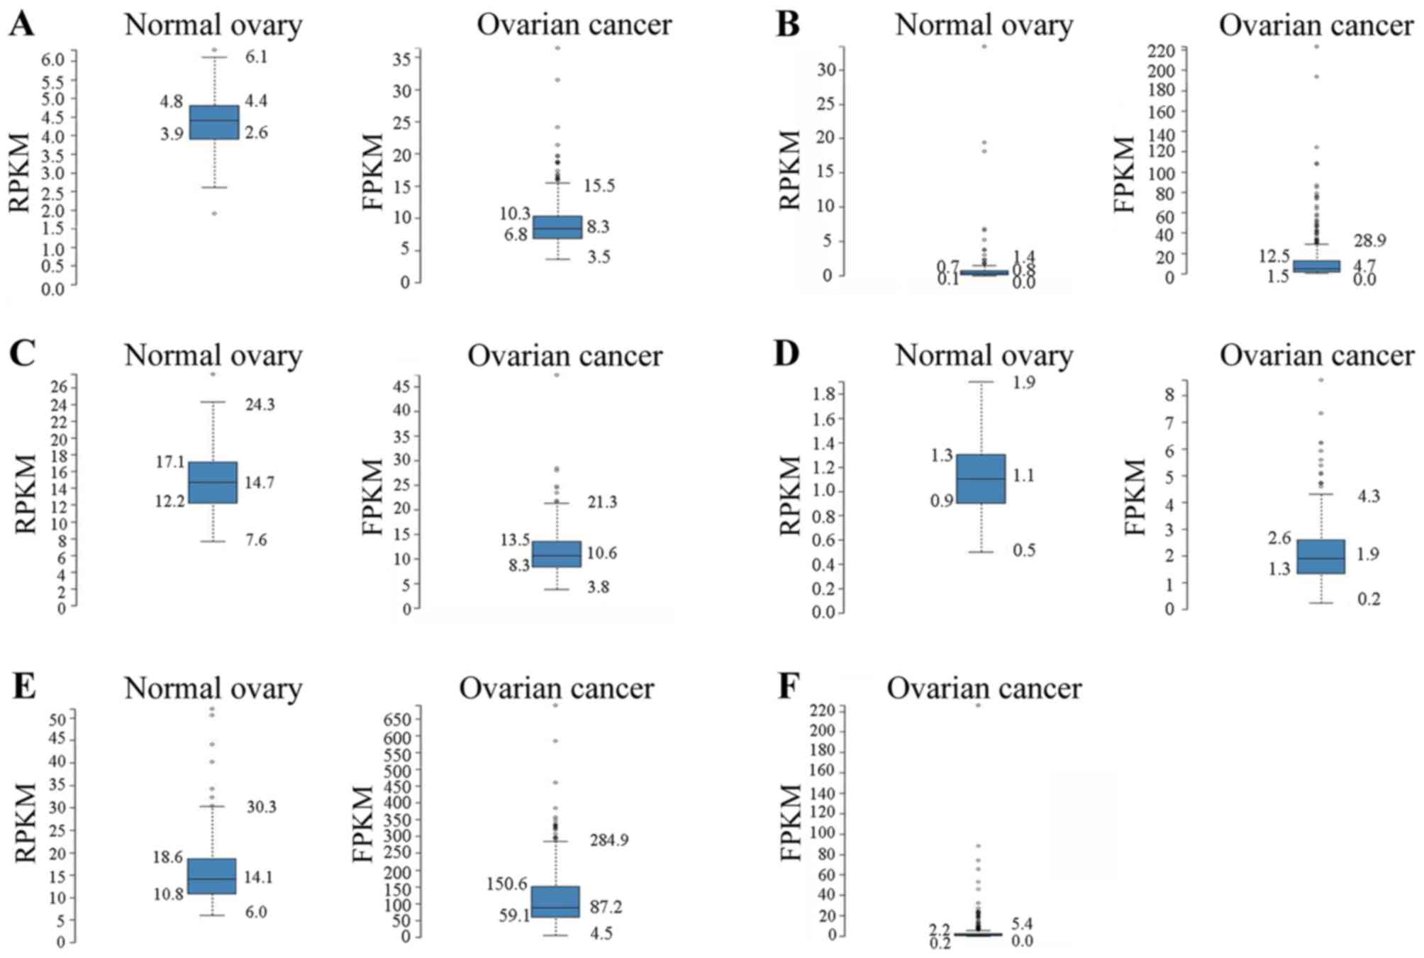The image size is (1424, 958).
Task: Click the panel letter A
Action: [21, 25]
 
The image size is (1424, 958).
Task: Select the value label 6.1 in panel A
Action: [257, 57]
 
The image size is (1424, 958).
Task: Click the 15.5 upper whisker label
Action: [599, 186]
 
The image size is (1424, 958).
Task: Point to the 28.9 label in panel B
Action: [1369, 240]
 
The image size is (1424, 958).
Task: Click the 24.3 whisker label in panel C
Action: [260, 404]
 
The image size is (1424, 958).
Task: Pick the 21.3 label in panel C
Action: [601, 502]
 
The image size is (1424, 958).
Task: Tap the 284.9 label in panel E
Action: [609, 840]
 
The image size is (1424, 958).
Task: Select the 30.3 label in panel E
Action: [262, 807]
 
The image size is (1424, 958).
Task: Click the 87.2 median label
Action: [606, 907]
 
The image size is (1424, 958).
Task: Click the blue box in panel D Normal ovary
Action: [981, 479]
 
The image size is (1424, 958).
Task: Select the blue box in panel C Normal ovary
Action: [213, 482]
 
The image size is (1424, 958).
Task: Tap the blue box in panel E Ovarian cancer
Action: [556, 901]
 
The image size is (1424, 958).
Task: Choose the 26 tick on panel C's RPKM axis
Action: [59, 386]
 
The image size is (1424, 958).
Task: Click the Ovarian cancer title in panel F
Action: [984, 688]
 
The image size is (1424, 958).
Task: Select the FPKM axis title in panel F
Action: [791, 823]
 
